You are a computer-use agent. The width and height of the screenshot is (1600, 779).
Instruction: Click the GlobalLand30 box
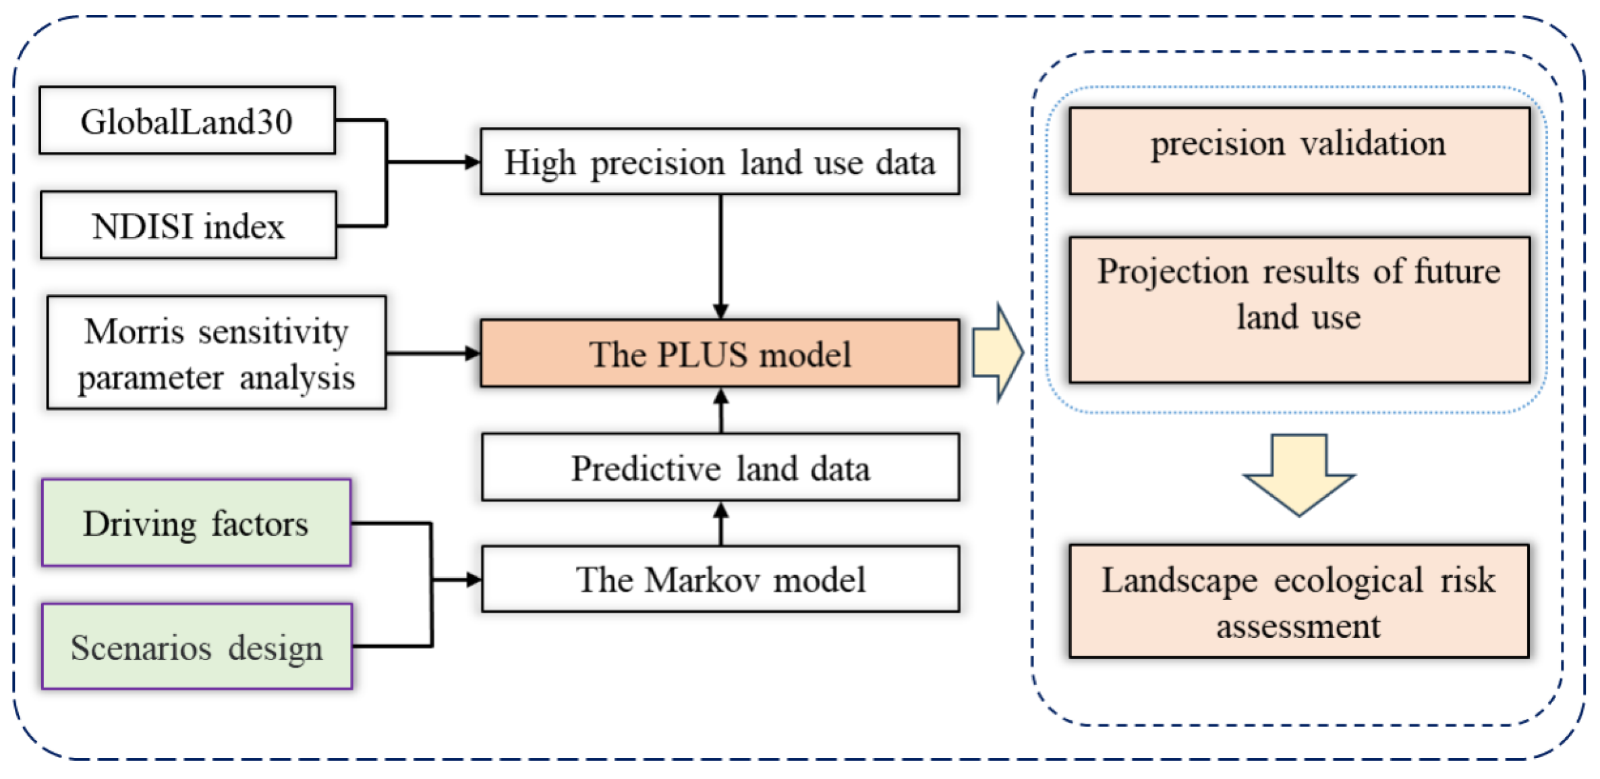[x=187, y=121]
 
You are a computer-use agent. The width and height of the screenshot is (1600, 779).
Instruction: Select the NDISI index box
[x=188, y=225]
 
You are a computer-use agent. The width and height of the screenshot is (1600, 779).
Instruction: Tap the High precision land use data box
[x=720, y=162]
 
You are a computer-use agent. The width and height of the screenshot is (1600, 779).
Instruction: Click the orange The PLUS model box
[x=720, y=354]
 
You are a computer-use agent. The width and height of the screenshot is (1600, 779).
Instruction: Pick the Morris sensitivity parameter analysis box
[x=217, y=353]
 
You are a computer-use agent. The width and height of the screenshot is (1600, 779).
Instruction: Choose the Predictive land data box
[x=720, y=468]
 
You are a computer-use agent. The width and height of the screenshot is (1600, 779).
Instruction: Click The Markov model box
[x=720, y=579]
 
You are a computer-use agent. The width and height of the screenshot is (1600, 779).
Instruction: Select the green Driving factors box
[x=196, y=523]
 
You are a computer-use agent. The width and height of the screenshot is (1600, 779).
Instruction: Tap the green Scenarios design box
[x=196, y=647]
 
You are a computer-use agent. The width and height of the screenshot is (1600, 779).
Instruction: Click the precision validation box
[x=1298, y=151]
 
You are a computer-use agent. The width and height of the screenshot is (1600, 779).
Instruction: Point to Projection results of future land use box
[x=1298, y=310]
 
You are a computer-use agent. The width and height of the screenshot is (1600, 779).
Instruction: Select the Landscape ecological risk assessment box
[x=1298, y=601]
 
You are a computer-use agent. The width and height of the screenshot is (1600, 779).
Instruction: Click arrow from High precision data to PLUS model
[x=720, y=257]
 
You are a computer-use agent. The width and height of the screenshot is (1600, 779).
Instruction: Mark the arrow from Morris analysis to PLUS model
[x=432, y=353]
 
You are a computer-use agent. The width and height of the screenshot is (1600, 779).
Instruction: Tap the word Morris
[x=134, y=332]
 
